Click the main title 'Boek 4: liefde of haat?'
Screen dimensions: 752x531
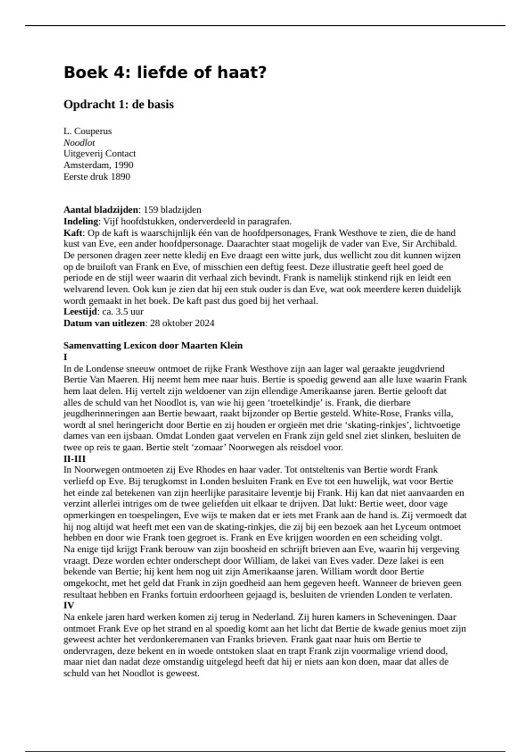[x=165, y=72]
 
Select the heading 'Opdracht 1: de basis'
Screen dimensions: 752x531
[x=119, y=105]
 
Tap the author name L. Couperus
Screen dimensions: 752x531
[x=88, y=131]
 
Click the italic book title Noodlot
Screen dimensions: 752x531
[x=79, y=142]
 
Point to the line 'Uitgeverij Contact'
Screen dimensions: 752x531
[x=100, y=153]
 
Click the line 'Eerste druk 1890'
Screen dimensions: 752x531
[x=97, y=176]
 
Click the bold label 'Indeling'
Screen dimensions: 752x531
[x=81, y=221]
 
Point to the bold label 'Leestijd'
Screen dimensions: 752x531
[x=80, y=311]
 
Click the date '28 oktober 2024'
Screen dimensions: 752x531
[x=182, y=323]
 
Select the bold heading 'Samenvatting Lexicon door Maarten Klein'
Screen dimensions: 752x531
[x=153, y=345]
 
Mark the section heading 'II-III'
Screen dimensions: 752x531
[x=74, y=459]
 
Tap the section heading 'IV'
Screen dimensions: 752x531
[x=69, y=605]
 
